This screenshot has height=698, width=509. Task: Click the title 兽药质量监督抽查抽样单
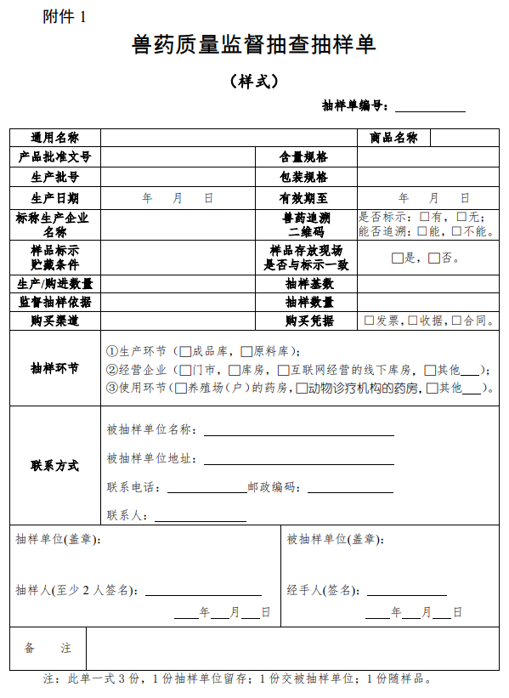[254, 45]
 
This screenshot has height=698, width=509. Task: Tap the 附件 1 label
[65, 16]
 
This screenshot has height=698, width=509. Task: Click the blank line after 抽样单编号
[430, 106]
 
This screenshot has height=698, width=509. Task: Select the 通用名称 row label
[55, 138]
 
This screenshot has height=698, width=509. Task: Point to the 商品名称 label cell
[393, 138]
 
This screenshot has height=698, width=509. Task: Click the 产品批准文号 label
[55, 157]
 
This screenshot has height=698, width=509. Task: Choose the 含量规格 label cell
[303, 157]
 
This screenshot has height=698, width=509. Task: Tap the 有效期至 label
[303, 198]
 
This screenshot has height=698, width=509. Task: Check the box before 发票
[369, 321]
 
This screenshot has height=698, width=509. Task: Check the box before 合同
[456, 321]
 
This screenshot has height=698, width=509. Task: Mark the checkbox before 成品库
[186, 351]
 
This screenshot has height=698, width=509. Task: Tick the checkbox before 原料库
[246, 351]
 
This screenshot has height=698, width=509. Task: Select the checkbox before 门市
[186, 370]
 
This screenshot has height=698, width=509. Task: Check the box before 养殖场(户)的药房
[180, 389]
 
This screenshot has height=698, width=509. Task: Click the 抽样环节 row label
[55, 369]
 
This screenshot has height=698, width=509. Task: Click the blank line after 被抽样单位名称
[298, 430]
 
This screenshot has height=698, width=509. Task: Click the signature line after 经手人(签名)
[406, 591]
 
